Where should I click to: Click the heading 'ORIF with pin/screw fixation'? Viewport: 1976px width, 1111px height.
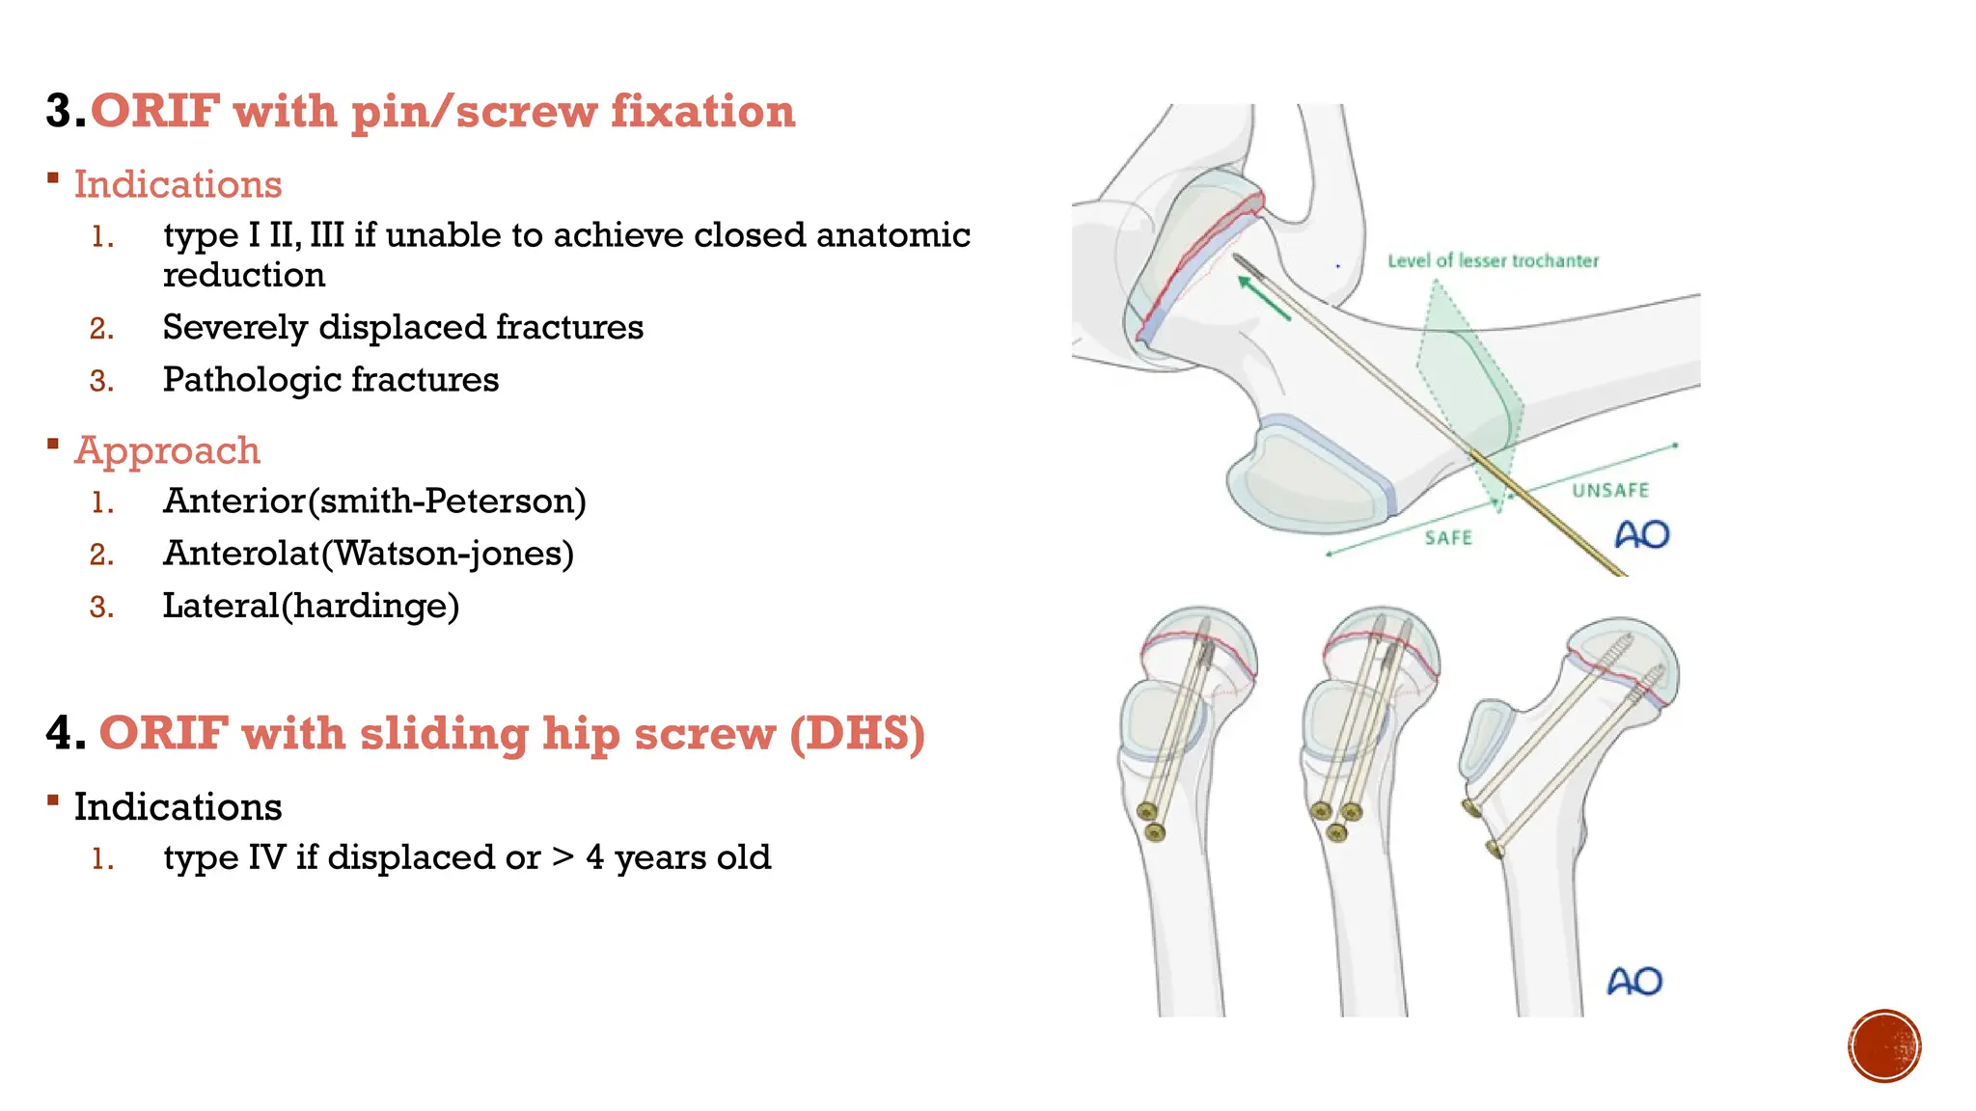[x=443, y=112]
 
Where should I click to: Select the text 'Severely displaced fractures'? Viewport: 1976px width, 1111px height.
[x=402, y=328]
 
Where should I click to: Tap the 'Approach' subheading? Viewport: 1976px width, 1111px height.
[x=167, y=450]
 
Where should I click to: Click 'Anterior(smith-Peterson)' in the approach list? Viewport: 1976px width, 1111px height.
[x=374, y=501]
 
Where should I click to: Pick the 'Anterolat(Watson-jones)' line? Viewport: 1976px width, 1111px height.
[x=369, y=554]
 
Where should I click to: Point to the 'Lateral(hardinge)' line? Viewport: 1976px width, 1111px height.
[x=311, y=606]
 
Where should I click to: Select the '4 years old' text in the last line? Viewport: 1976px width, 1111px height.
[x=678, y=857]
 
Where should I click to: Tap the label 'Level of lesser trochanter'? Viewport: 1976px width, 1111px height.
[x=1493, y=260]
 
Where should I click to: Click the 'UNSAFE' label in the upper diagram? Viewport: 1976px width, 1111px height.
[x=1610, y=490]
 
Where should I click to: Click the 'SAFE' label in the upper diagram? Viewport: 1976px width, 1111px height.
[x=1448, y=538]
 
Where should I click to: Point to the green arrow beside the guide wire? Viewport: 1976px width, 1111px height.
[x=1264, y=298]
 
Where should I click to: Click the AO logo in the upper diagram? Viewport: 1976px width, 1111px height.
[x=1641, y=534]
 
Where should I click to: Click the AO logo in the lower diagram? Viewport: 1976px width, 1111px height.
[x=1634, y=982]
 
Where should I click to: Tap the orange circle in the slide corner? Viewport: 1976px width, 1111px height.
[x=1883, y=1046]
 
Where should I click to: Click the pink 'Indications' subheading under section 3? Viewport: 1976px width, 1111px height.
[x=178, y=184]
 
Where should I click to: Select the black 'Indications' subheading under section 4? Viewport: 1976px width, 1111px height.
[x=178, y=807]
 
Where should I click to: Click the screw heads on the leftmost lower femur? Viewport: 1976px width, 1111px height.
[x=1151, y=821]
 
